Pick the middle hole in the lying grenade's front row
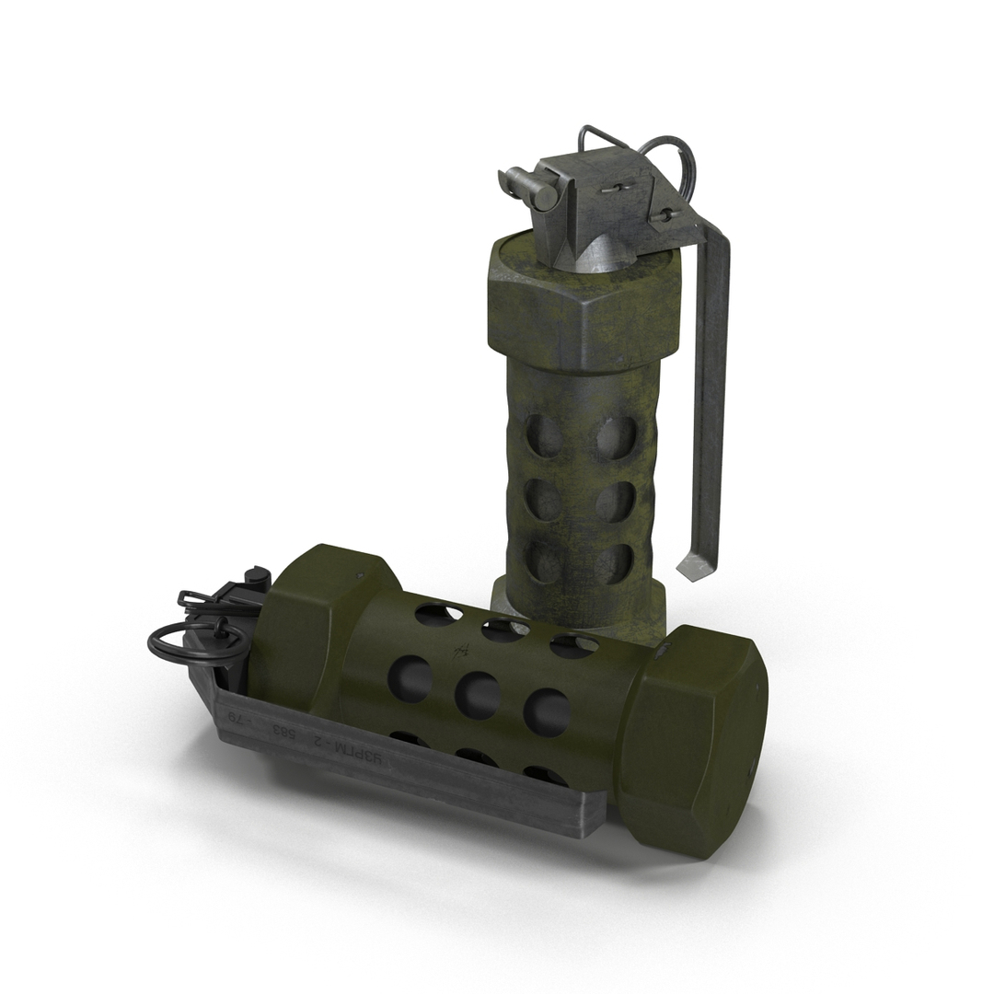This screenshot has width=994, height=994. tap(478, 695)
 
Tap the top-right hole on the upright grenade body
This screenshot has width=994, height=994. tap(614, 438)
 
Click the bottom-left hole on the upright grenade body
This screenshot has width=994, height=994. tap(543, 561)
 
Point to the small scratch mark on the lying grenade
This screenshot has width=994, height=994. tap(457, 654)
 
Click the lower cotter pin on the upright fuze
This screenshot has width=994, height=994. tap(665, 217)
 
